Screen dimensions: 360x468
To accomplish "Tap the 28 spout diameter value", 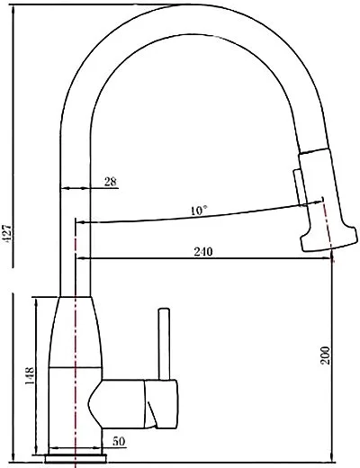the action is pos(111,182).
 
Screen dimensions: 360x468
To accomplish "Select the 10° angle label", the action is pos(199,211).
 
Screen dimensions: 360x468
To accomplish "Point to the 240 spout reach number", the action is pos(203,251).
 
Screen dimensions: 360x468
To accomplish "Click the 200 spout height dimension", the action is pos(325,355).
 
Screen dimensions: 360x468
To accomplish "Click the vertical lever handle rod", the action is pos(164,344).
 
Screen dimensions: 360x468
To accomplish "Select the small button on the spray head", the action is pos(299,187).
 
